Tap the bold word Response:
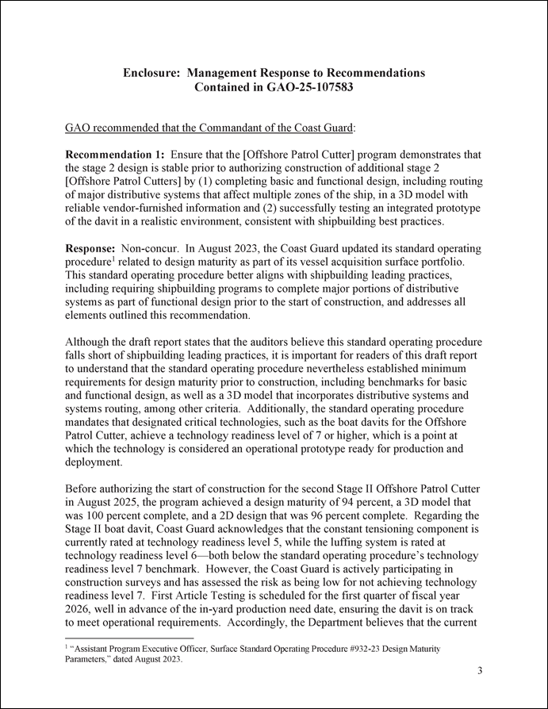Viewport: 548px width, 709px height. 90,248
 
